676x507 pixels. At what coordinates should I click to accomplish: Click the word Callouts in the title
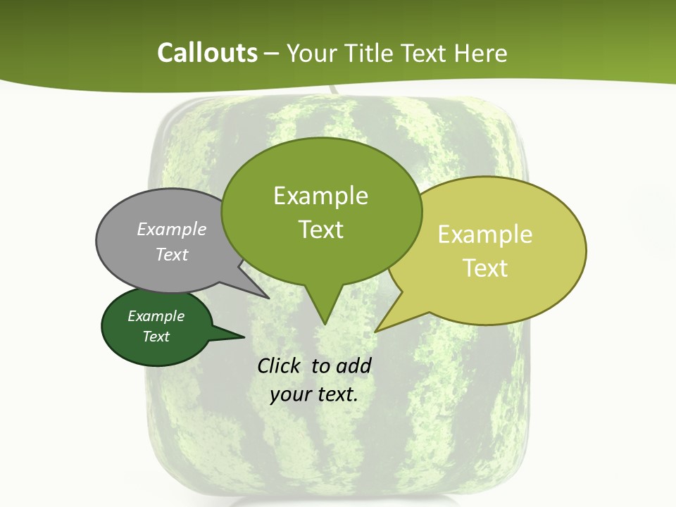point(207,53)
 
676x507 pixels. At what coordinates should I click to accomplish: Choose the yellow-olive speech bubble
point(493,250)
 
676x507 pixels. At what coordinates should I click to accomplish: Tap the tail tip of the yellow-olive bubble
point(377,330)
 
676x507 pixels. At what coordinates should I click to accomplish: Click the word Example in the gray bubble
point(171,229)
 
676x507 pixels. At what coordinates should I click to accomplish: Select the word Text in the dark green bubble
point(156,337)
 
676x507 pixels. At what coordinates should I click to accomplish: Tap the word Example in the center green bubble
point(320,196)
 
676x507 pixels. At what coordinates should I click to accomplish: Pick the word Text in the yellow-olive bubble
point(486,268)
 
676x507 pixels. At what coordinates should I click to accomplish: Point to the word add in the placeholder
point(353,365)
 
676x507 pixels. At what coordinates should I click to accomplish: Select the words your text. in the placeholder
point(313,394)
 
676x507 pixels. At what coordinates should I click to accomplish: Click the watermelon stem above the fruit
point(332,91)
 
